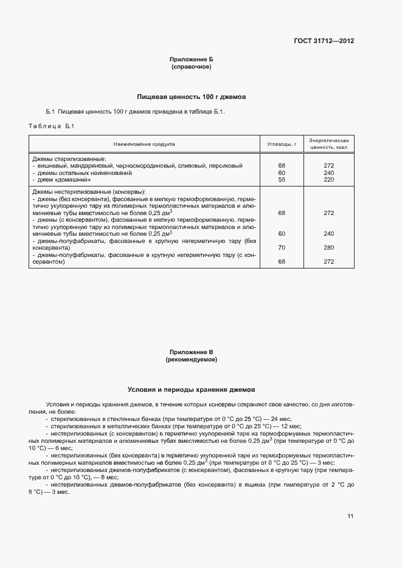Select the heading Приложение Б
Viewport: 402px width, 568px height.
pos(191,60)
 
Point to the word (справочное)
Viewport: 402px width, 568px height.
pos(191,67)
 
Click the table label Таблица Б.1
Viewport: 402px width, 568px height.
pos(51,126)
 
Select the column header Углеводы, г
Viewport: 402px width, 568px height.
pos(282,144)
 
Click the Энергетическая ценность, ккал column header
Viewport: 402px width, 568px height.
pos(328,143)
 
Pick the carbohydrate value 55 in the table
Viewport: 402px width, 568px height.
pos(282,180)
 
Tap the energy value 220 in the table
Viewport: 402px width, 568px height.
pos(329,180)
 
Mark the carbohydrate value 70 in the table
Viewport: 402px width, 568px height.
pos(282,247)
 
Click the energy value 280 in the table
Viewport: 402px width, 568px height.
pos(329,247)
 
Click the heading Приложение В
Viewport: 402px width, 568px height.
pos(191,352)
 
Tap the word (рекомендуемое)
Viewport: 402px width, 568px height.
pos(191,360)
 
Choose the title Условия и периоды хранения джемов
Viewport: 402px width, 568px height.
pos(191,389)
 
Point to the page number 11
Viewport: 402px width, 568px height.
pos(350,516)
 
